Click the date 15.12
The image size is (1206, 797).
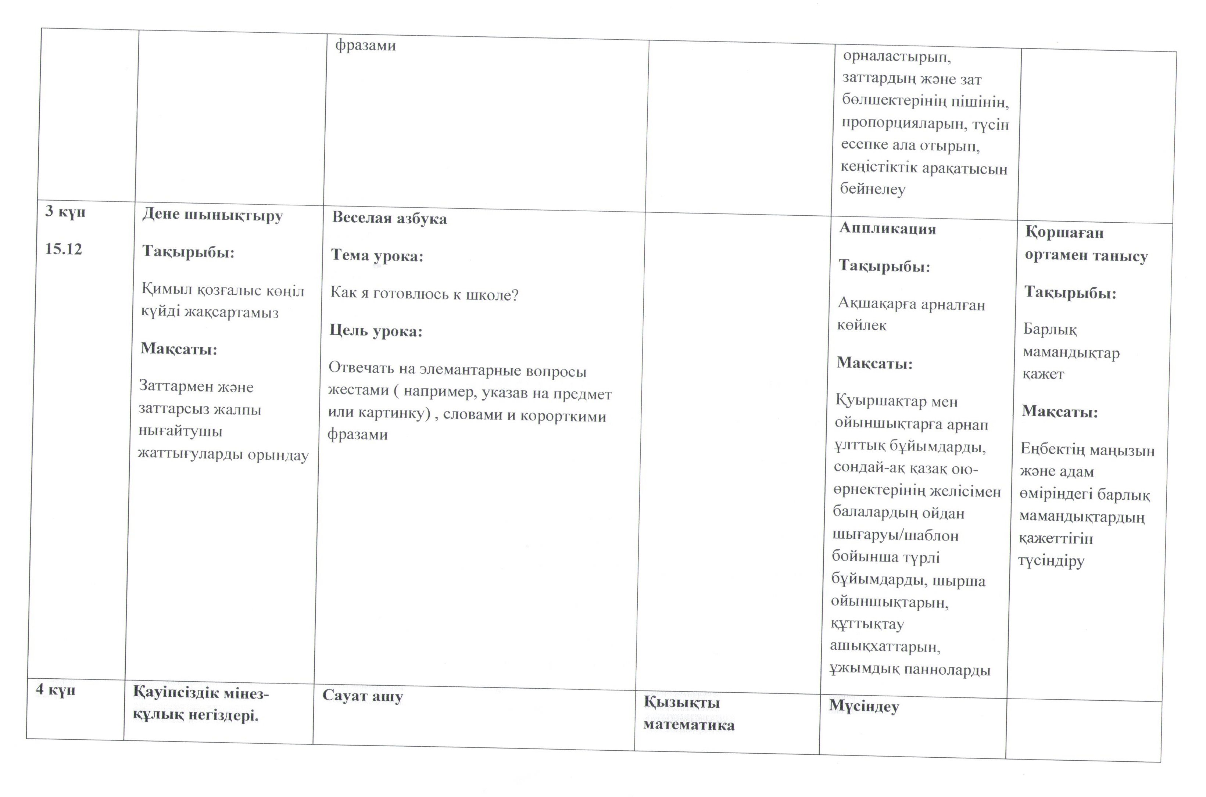(64, 249)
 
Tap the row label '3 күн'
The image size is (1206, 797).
(65, 211)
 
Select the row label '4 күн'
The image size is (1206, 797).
(56, 690)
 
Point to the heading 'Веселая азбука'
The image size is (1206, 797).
(390, 219)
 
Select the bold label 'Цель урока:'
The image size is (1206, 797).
(376, 331)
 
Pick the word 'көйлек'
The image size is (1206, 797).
(862, 325)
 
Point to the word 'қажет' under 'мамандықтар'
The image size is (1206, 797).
(1043, 374)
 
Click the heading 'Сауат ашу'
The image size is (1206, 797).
(362, 696)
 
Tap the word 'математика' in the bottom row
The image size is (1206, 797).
(689, 725)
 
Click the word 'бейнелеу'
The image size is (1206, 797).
(873, 190)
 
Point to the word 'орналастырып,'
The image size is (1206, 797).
(897, 57)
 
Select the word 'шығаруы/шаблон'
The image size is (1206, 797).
(895, 535)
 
